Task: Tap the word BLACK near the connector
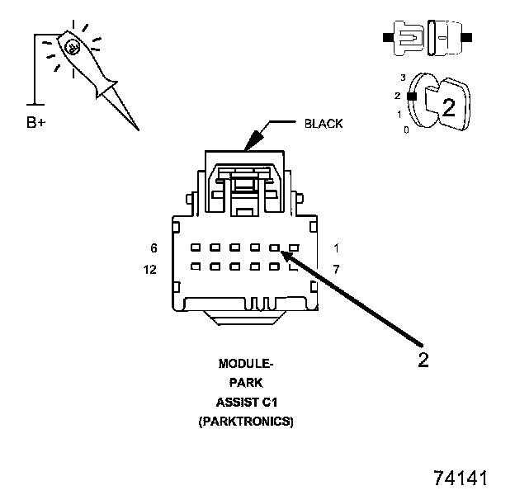[x=324, y=124]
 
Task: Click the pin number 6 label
[x=154, y=247]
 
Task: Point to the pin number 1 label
[x=337, y=247]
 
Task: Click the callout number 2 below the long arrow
[x=423, y=361]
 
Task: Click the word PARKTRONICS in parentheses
[x=246, y=422]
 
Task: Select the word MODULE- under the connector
[x=246, y=364]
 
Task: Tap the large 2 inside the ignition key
[x=449, y=106]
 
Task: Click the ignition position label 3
[x=402, y=78]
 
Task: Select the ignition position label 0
[x=405, y=130]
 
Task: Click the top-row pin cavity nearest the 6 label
[x=195, y=247]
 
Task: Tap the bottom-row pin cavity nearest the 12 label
[x=195, y=266]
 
